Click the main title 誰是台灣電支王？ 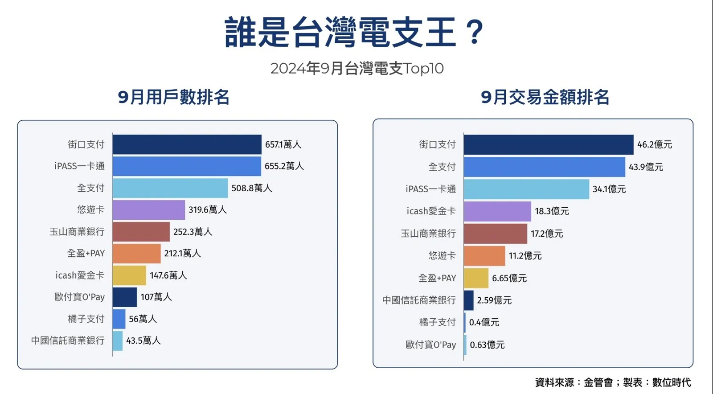point(354,32)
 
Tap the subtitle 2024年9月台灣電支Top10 point(357,68)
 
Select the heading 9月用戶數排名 point(173,97)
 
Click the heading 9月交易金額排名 point(545,97)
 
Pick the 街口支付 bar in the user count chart point(187,144)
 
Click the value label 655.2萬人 point(284,166)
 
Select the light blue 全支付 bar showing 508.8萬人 point(170,188)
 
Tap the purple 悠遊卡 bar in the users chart point(148,210)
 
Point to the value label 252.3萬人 point(193,232)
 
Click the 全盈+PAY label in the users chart point(86,253)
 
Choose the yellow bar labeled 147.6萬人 point(129,275)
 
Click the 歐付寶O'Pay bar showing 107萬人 point(124,297)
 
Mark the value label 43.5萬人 point(143,341)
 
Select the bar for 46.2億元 point(548,144)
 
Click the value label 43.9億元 point(646,167)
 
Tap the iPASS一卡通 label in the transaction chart point(430,189)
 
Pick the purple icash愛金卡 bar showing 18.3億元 point(497,211)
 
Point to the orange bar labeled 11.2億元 point(484,256)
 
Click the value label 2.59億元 point(494,300)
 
